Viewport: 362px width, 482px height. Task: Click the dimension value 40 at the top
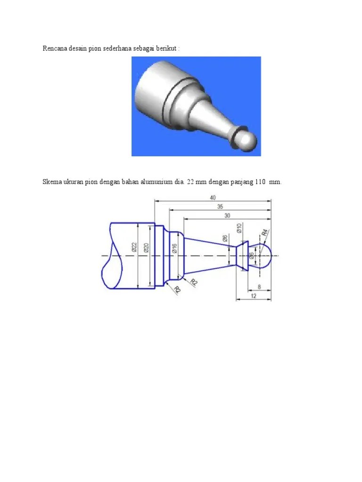click(213, 197)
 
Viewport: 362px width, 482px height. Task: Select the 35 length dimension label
click(220, 206)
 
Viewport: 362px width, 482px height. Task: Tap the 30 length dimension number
click(227, 215)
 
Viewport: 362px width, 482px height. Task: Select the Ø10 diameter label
click(239, 229)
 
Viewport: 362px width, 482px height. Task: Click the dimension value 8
click(259, 286)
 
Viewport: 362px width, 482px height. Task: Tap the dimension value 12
click(253, 296)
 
